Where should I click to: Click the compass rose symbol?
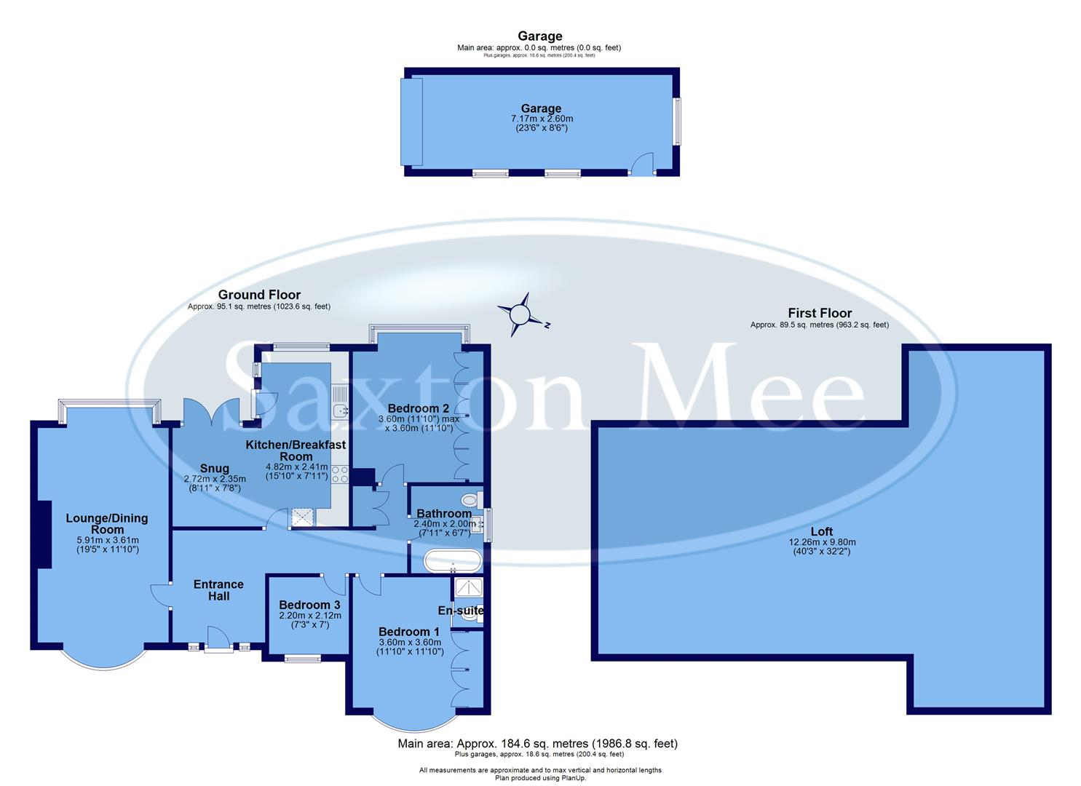tap(521, 314)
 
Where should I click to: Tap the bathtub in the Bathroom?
tap(452, 562)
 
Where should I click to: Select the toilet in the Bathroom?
tap(470, 500)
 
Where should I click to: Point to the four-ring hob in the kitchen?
tap(340, 475)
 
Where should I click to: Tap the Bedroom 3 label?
tap(309, 605)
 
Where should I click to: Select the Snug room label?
tap(214, 469)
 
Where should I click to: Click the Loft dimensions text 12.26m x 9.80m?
tap(822, 542)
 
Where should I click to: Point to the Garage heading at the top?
tap(539, 36)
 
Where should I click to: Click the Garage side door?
tap(641, 164)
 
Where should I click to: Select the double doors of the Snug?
tap(211, 411)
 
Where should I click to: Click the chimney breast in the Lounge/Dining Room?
tap(44, 534)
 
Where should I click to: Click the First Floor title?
tap(819, 313)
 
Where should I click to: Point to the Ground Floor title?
tap(259, 295)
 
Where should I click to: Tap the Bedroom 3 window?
tap(302, 659)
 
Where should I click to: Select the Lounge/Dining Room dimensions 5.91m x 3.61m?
tap(107, 540)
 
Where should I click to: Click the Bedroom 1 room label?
tap(408, 632)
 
